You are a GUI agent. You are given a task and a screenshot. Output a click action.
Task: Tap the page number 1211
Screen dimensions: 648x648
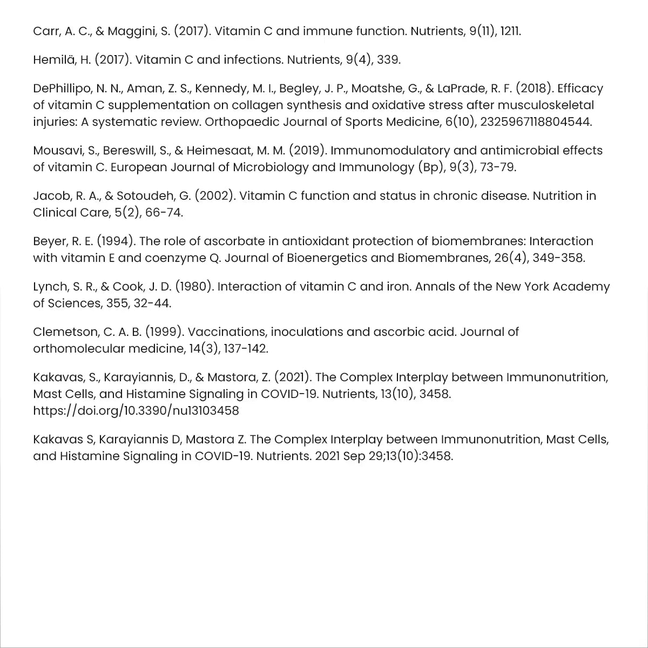coord(510,31)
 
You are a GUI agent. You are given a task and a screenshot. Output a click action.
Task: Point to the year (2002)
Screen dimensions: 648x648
coord(215,195)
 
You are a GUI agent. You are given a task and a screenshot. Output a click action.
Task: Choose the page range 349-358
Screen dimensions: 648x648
coord(558,258)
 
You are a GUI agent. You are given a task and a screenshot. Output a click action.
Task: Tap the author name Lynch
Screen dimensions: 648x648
coord(51,286)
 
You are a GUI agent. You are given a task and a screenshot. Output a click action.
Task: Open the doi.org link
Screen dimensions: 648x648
coord(136,410)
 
